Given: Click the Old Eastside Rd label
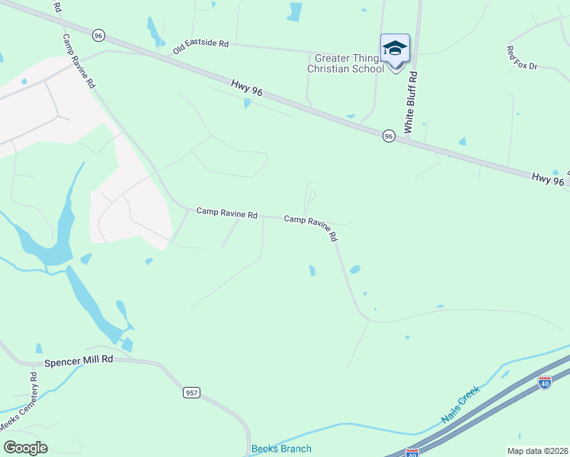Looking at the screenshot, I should point(200,46).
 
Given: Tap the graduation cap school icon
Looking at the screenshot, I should point(395,49).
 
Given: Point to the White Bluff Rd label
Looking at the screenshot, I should point(411,103).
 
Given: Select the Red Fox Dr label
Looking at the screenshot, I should point(522,58).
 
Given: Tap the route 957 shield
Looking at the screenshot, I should point(192,393).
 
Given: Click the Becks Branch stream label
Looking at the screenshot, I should point(281,449).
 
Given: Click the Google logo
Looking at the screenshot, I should point(25,448).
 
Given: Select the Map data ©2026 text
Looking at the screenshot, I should point(536,451).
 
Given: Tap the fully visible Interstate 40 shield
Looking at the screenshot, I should point(544,383).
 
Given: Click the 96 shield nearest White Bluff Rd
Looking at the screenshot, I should point(389,136).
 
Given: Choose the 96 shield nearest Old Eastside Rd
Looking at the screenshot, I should point(98,36).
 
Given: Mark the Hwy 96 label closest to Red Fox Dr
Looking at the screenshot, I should point(548,178).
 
